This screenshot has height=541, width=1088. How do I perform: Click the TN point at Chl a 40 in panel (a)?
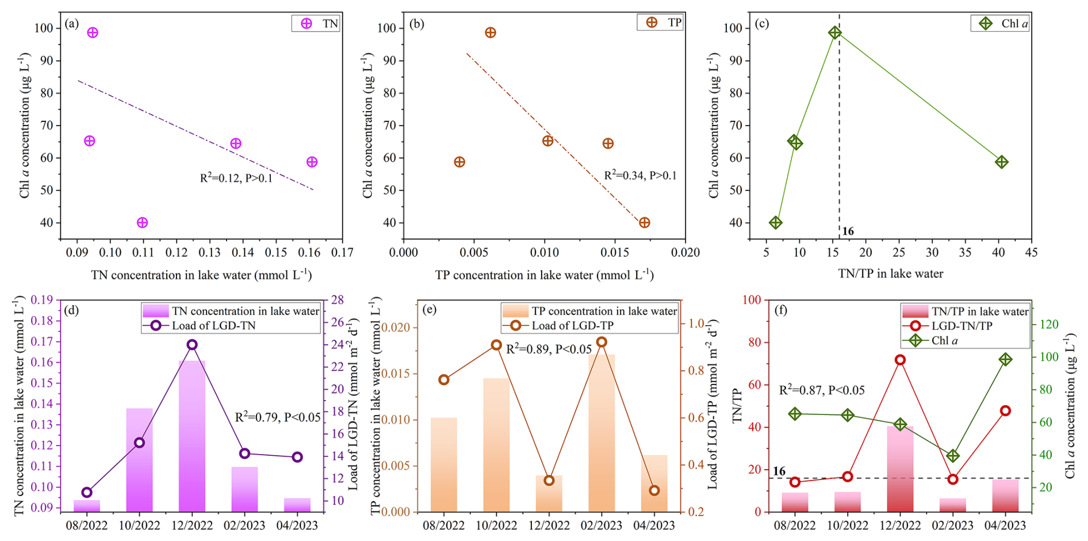click(x=143, y=223)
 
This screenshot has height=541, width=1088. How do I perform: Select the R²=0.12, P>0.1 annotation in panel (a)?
click(x=236, y=178)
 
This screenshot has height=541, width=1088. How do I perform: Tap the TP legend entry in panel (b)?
click(x=660, y=22)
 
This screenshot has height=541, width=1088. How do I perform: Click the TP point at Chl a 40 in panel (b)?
click(x=644, y=223)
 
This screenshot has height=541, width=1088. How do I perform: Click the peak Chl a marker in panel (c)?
click(x=835, y=33)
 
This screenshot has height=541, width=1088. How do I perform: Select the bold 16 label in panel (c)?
click(x=848, y=231)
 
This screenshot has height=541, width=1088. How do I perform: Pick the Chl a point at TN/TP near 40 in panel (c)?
click(x=1002, y=162)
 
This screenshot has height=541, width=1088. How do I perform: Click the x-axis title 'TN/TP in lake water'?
click(x=891, y=274)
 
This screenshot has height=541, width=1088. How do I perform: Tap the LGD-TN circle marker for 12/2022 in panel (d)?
click(x=192, y=345)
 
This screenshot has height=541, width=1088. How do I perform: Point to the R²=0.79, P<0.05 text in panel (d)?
click(x=278, y=417)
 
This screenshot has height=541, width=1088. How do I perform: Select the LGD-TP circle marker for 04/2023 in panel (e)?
click(x=654, y=491)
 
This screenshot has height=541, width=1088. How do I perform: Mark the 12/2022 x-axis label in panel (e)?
click(x=549, y=525)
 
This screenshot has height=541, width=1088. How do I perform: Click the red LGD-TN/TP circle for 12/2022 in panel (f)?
click(x=900, y=360)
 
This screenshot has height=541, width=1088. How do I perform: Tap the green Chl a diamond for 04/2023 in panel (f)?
click(x=1005, y=360)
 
